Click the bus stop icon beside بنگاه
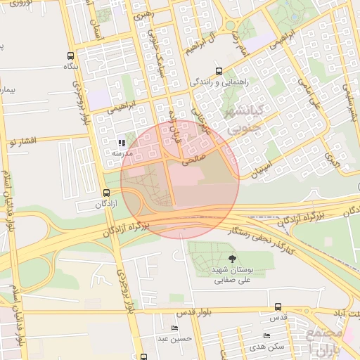[x=70, y=56]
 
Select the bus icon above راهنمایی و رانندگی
[x=219, y=71]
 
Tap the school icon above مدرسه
[x=122, y=143]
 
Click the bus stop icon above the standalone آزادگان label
[x=106, y=193]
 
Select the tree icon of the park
[x=233, y=259]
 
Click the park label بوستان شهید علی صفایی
[x=233, y=274]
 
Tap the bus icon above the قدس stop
[x=278, y=307]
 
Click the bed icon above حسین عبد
[x=174, y=328]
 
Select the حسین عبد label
[x=174, y=339]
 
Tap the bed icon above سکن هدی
[x=266, y=336]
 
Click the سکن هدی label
[x=271, y=347]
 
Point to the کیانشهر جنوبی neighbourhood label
[x=241, y=116]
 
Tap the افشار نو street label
[x=21, y=141]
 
